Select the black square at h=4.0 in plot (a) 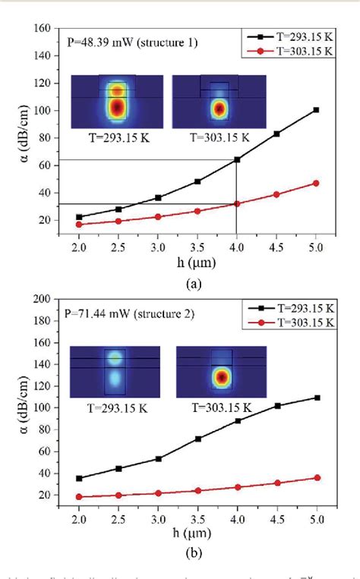pyautogui.click(x=237, y=159)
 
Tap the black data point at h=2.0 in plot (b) pyautogui.click(x=79, y=478)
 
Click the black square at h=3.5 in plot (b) pyautogui.click(x=197, y=439)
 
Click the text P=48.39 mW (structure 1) pyautogui.click(x=132, y=43)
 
